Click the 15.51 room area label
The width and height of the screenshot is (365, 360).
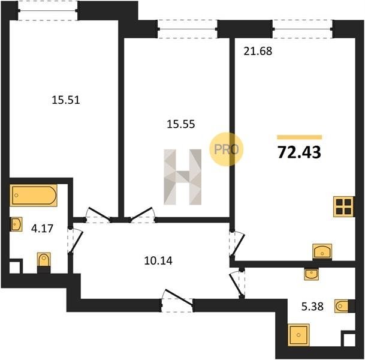point(66,100)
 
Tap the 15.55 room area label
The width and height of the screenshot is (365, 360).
point(181,124)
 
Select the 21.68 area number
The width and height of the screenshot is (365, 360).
point(258,51)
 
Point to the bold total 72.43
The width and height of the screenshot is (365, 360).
point(299,152)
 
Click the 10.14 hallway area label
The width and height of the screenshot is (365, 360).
point(158,261)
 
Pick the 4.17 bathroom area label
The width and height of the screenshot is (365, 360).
point(42,229)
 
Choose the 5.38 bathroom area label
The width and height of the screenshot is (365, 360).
point(312,307)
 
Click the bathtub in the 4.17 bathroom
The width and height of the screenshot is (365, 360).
point(34,195)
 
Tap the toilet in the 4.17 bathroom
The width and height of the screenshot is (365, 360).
point(44,263)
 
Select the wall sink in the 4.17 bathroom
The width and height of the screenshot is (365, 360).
point(16,224)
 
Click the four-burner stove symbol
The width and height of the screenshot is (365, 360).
point(343,206)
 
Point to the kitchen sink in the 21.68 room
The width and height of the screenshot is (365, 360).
point(322,251)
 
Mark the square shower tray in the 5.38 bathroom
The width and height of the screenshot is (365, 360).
point(298,335)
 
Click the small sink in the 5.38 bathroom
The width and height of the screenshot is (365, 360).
point(312,274)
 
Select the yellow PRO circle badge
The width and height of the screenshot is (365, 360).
point(227,149)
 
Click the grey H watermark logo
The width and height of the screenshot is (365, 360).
point(182,177)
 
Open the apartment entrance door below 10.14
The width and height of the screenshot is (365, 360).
point(177,301)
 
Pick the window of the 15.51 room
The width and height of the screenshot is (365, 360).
point(48,10)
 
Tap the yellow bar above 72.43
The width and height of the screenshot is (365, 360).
point(299,137)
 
